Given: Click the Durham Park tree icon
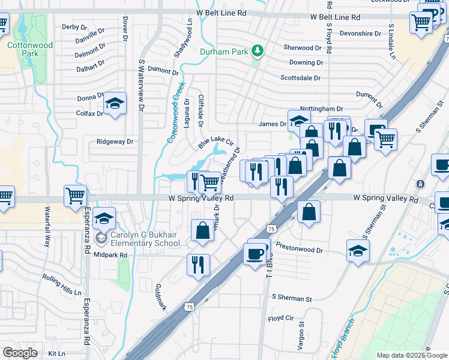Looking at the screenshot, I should [x=258, y=50].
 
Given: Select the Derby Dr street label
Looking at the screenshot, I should [x=74, y=27].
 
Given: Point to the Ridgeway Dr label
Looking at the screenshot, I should [x=115, y=142].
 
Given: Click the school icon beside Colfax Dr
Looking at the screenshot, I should [x=115, y=104].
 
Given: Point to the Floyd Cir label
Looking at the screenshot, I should [x=280, y=318].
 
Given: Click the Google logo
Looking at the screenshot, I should [x=20, y=353].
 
